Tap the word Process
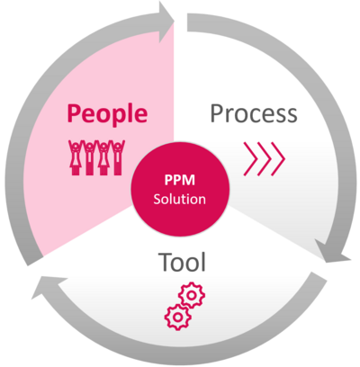pyautogui.click(x=253, y=113)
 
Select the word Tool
pyautogui.click(x=182, y=263)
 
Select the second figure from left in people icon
pyautogui.click(x=88, y=155)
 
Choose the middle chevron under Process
pyautogui.click(x=265, y=159)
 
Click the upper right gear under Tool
pyautogui.click(x=192, y=294)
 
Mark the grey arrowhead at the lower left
pyautogui.click(x=40, y=290)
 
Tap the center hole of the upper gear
pyautogui.click(x=192, y=294)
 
